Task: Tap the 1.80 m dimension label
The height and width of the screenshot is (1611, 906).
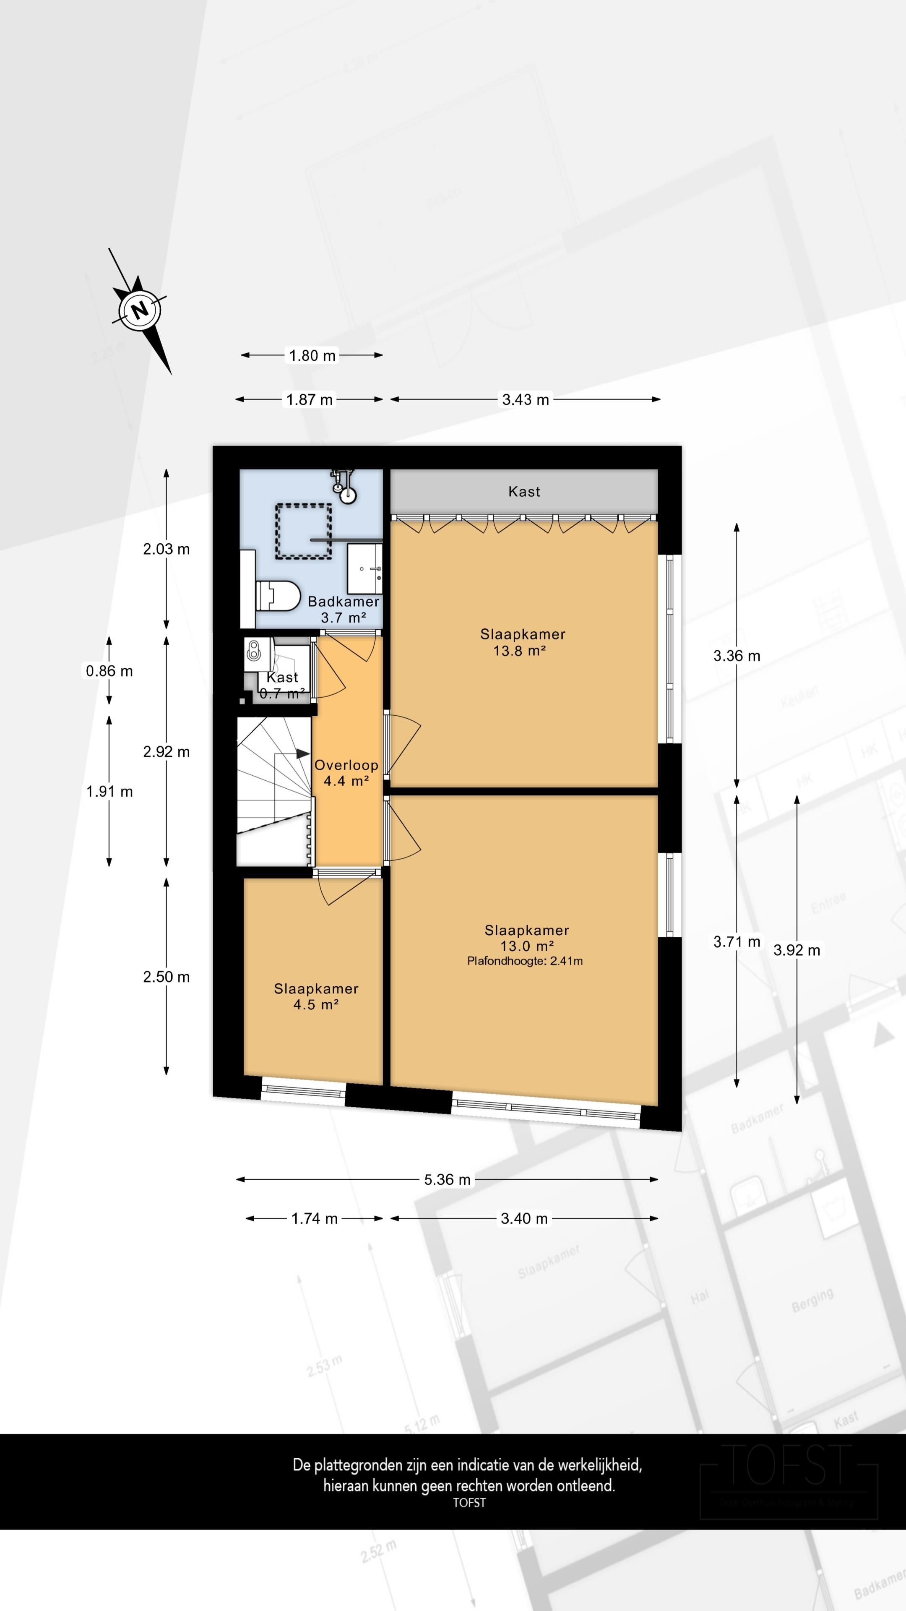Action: click(312, 356)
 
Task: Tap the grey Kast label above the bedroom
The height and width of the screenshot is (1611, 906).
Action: click(524, 492)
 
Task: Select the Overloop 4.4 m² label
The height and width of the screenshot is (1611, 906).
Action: click(346, 773)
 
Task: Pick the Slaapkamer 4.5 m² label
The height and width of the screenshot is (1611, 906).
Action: click(316, 996)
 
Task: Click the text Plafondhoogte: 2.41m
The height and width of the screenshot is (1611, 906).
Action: click(525, 961)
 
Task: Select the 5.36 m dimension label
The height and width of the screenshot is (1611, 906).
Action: click(447, 1179)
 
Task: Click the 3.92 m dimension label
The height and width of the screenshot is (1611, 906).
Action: click(796, 950)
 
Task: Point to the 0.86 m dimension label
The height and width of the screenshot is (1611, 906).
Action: click(109, 671)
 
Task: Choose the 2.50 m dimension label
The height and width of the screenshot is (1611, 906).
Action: click(167, 977)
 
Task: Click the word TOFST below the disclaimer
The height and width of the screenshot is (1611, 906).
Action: click(469, 1503)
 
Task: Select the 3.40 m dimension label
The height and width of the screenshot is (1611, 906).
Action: click(524, 1218)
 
